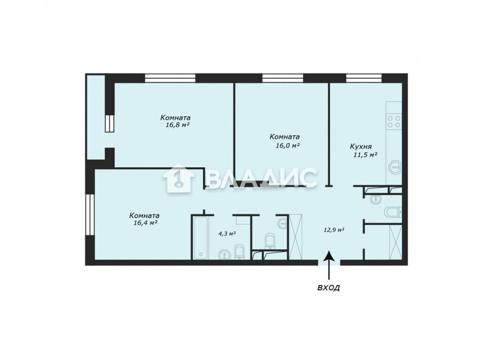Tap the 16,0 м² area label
[x=287, y=145]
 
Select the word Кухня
[x=361, y=147]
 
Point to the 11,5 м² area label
[x=365, y=155]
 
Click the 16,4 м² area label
[x=145, y=223]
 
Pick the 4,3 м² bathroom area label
[x=227, y=234]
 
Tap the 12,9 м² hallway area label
[x=334, y=230]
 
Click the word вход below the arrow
[x=329, y=288]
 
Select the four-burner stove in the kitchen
[x=394, y=121]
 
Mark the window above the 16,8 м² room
[x=170, y=78]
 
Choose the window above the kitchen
[x=364, y=78]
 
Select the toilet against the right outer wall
[x=393, y=212]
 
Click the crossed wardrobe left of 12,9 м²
[x=296, y=237]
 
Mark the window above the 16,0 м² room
[x=283, y=78]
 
